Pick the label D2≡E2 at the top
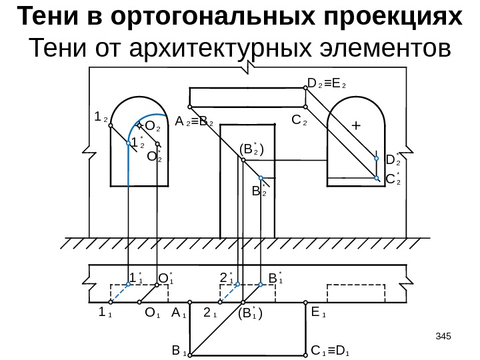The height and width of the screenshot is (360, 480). [331, 84]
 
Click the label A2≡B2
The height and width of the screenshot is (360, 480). [194, 123]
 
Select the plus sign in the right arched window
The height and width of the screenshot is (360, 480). [355, 125]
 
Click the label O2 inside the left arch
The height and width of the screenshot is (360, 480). [153, 126]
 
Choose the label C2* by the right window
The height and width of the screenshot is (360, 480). [394, 178]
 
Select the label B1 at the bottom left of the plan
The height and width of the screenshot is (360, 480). [179, 349]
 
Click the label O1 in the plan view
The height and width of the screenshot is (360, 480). [153, 311]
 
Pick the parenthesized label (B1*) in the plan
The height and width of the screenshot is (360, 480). [251, 311]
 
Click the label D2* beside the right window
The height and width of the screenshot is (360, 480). [394, 159]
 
